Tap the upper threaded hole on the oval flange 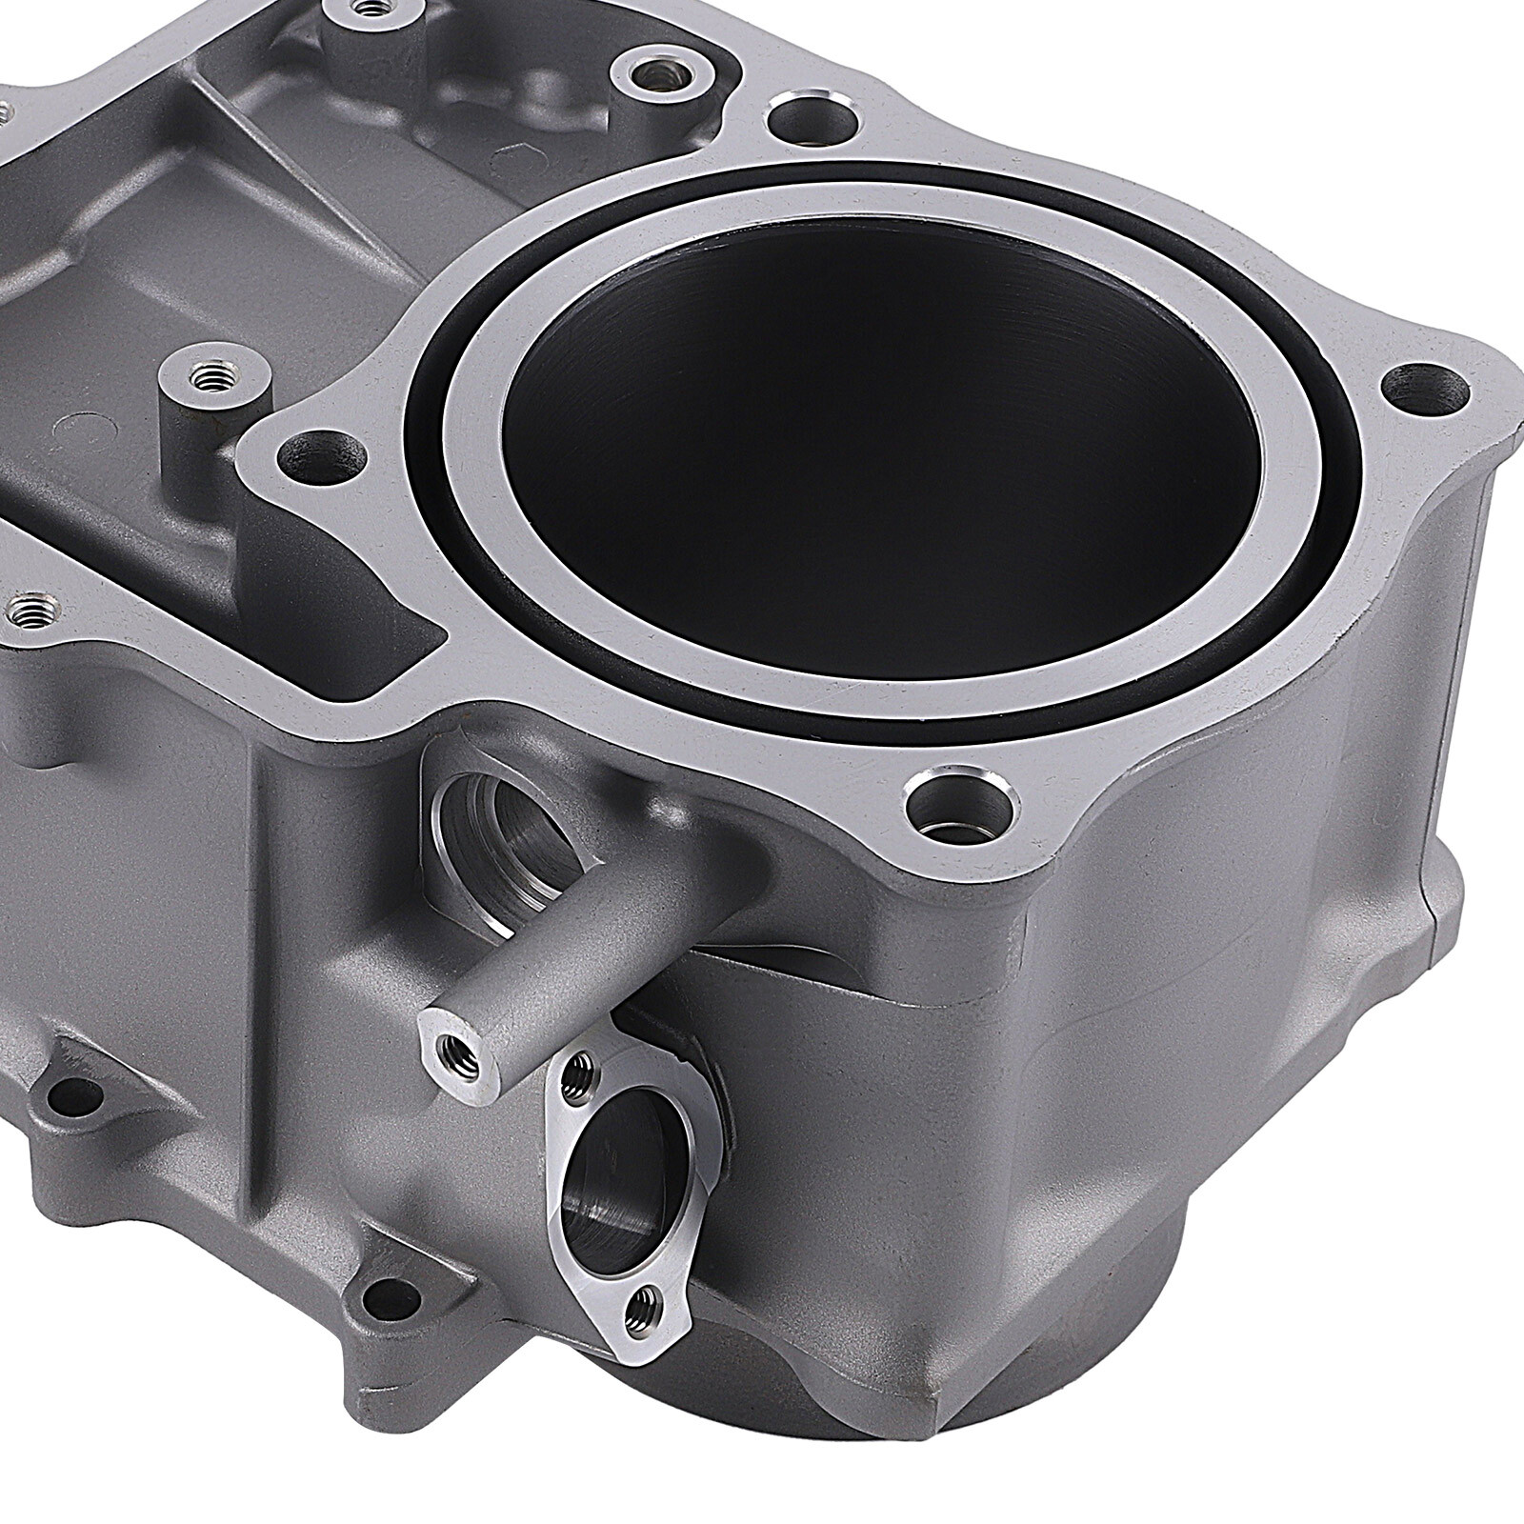(572, 1075)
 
